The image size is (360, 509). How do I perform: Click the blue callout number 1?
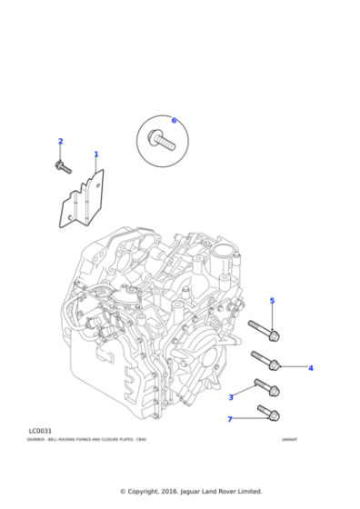pyautogui.click(x=96, y=155)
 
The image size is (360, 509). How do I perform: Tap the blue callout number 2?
pyautogui.click(x=61, y=141)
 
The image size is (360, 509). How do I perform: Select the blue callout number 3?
pyautogui.click(x=231, y=397)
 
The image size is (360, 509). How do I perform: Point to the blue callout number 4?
pyautogui.click(x=310, y=368)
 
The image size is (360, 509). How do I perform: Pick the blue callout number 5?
pyautogui.click(x=271, y=301)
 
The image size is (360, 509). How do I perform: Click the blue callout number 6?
pyautogui.click(x=174, y=120)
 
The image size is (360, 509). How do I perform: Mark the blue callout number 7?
pyautogui.click(x=230, y=419)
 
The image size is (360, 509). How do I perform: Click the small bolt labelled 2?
pyautogui.click(x=63, y=167)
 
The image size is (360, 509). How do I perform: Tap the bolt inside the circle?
pyautogui.click(x=164, y=140)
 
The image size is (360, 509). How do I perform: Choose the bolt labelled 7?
pyautogui.click(x=268, y=414)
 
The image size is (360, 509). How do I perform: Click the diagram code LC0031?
pyautogui.click(x=40, y=431)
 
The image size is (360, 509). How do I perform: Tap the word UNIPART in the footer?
pyautogui.click(x=289, y=440)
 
